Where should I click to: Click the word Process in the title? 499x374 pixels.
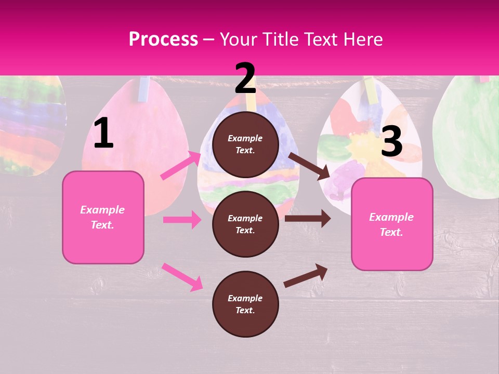(163, 39)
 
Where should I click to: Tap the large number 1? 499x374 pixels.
(103, 134)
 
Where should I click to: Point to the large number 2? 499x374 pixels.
(245, 78)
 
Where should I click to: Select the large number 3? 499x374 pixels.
(391, 142)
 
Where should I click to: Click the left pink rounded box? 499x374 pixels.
(103, 217)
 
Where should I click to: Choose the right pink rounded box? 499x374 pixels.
(392, 224)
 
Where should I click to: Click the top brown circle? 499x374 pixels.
(245, 144)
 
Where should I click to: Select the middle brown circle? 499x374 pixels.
(245, 224)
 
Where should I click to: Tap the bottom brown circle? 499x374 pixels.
(245, 304)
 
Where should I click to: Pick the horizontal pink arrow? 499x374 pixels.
(182, 220)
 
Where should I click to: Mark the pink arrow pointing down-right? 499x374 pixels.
(182, 277)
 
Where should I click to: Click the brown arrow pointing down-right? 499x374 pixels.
(309, 166)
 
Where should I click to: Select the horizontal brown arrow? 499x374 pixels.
(307, 219)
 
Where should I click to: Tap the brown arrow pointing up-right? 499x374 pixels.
(306, 275)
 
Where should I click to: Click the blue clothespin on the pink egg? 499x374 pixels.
(143, 89)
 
